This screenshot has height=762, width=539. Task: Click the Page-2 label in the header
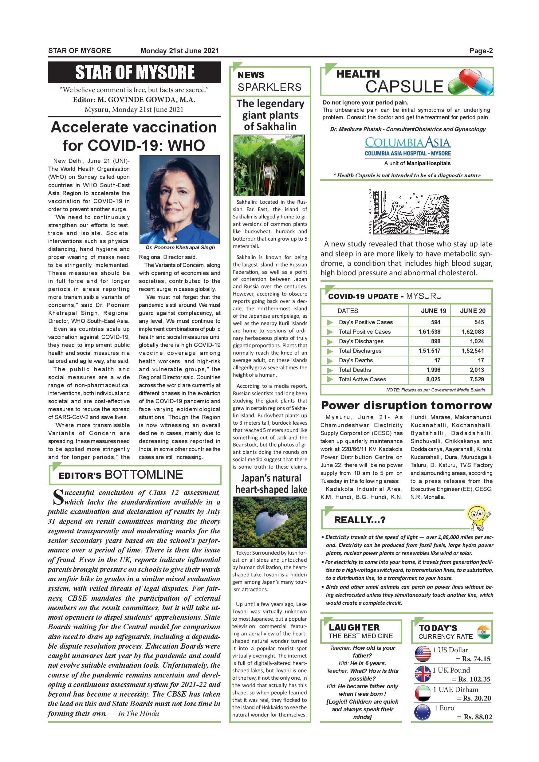point(481,51)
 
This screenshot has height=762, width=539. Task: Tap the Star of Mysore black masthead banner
point(134,72)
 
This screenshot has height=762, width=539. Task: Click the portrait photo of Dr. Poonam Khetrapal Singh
point(179,199)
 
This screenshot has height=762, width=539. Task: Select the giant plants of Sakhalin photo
point(269,165)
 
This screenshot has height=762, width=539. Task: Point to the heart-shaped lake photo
point(269,522)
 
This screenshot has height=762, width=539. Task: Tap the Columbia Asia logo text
point(407,143)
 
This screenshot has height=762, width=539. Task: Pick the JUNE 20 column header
point(472,311)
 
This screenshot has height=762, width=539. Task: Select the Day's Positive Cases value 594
point(435,322)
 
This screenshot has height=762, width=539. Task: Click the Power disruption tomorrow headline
point(406,405)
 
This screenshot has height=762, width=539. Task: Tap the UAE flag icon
point(423,693)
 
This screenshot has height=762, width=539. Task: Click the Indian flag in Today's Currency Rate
point(484,632)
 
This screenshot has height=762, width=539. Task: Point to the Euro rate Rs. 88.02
point(477,717)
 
